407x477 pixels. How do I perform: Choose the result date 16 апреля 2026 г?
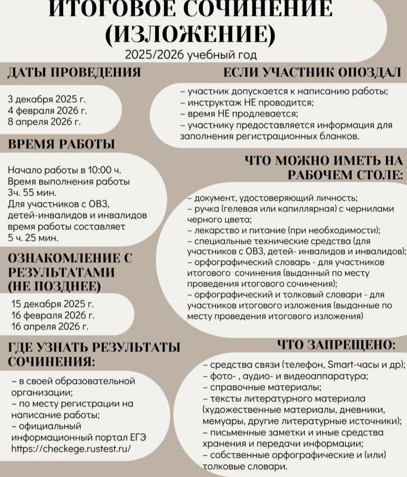pos(49,325)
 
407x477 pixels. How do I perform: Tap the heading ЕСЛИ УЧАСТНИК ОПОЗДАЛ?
pos(312,73)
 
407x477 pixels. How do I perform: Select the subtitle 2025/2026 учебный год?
pos(191,55)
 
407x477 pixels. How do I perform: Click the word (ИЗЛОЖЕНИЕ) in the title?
pos(189,34)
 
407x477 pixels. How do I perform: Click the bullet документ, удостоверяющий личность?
pos(273,198)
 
